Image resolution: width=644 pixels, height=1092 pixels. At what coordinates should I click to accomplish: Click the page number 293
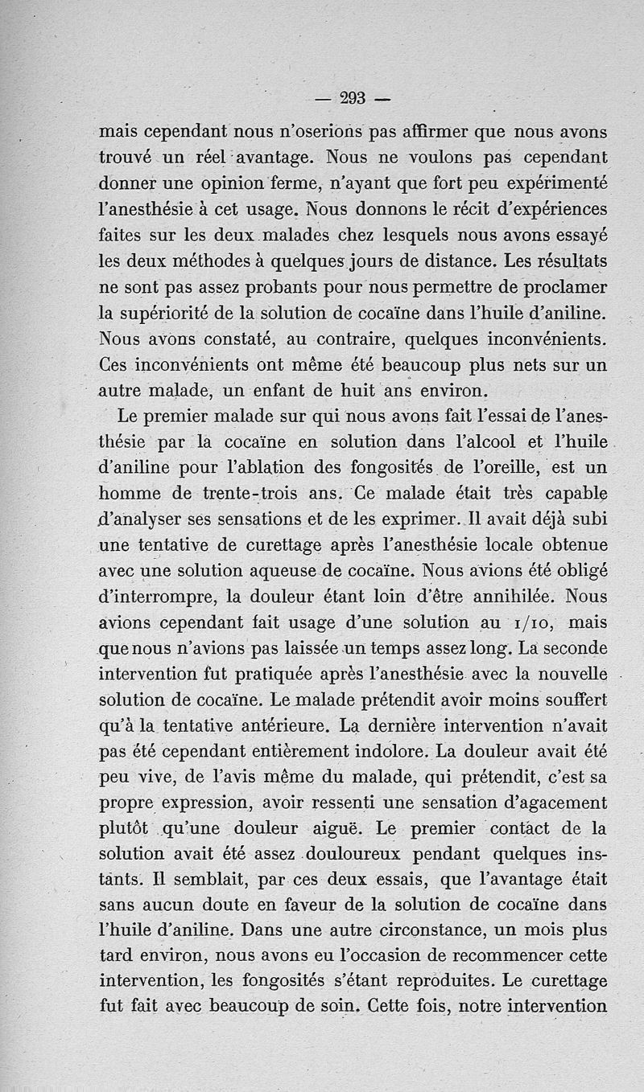tap(353, 98)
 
